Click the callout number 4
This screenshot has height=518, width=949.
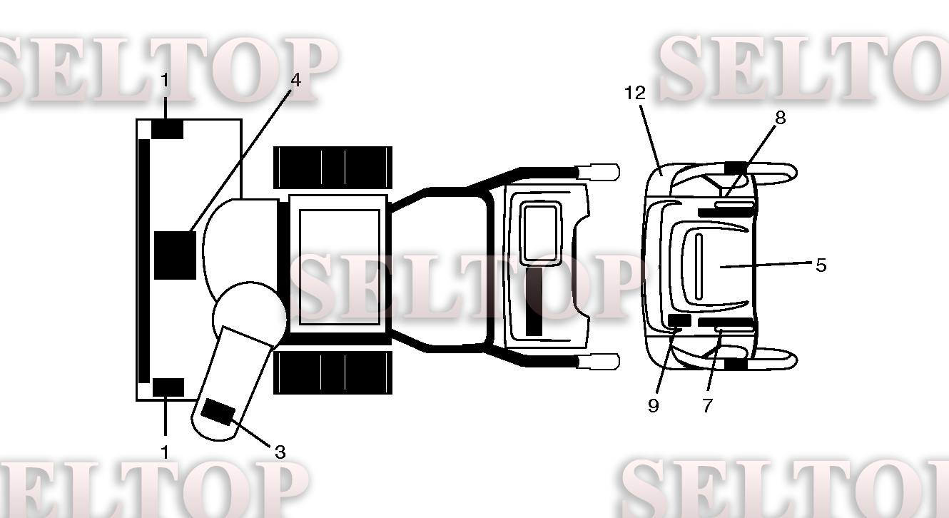coord(295,80)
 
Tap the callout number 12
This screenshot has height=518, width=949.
coord(635,93)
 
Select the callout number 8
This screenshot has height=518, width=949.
coord(780,118)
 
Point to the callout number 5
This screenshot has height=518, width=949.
coord(821,265)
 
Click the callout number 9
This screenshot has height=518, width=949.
coord(654,405)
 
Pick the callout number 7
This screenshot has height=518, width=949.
coord(708,405)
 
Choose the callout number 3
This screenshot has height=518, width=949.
coord(280,452)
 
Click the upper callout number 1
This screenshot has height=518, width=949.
coord(165,80)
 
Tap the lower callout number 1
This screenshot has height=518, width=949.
coord(165,452)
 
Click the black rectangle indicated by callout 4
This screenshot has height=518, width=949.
coord(175,255)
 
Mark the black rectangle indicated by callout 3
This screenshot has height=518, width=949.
coord(218,412)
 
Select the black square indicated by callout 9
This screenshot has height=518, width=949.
coord(679,320)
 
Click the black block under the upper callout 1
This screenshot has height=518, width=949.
coord(168,129)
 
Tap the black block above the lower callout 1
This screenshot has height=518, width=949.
coord(168,387)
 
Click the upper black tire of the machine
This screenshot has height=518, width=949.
coord(333,167)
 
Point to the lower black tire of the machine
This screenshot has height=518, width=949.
coord(333,372)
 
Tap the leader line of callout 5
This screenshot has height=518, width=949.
coord(766,265)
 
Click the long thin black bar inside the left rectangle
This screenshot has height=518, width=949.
coord(144,261)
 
